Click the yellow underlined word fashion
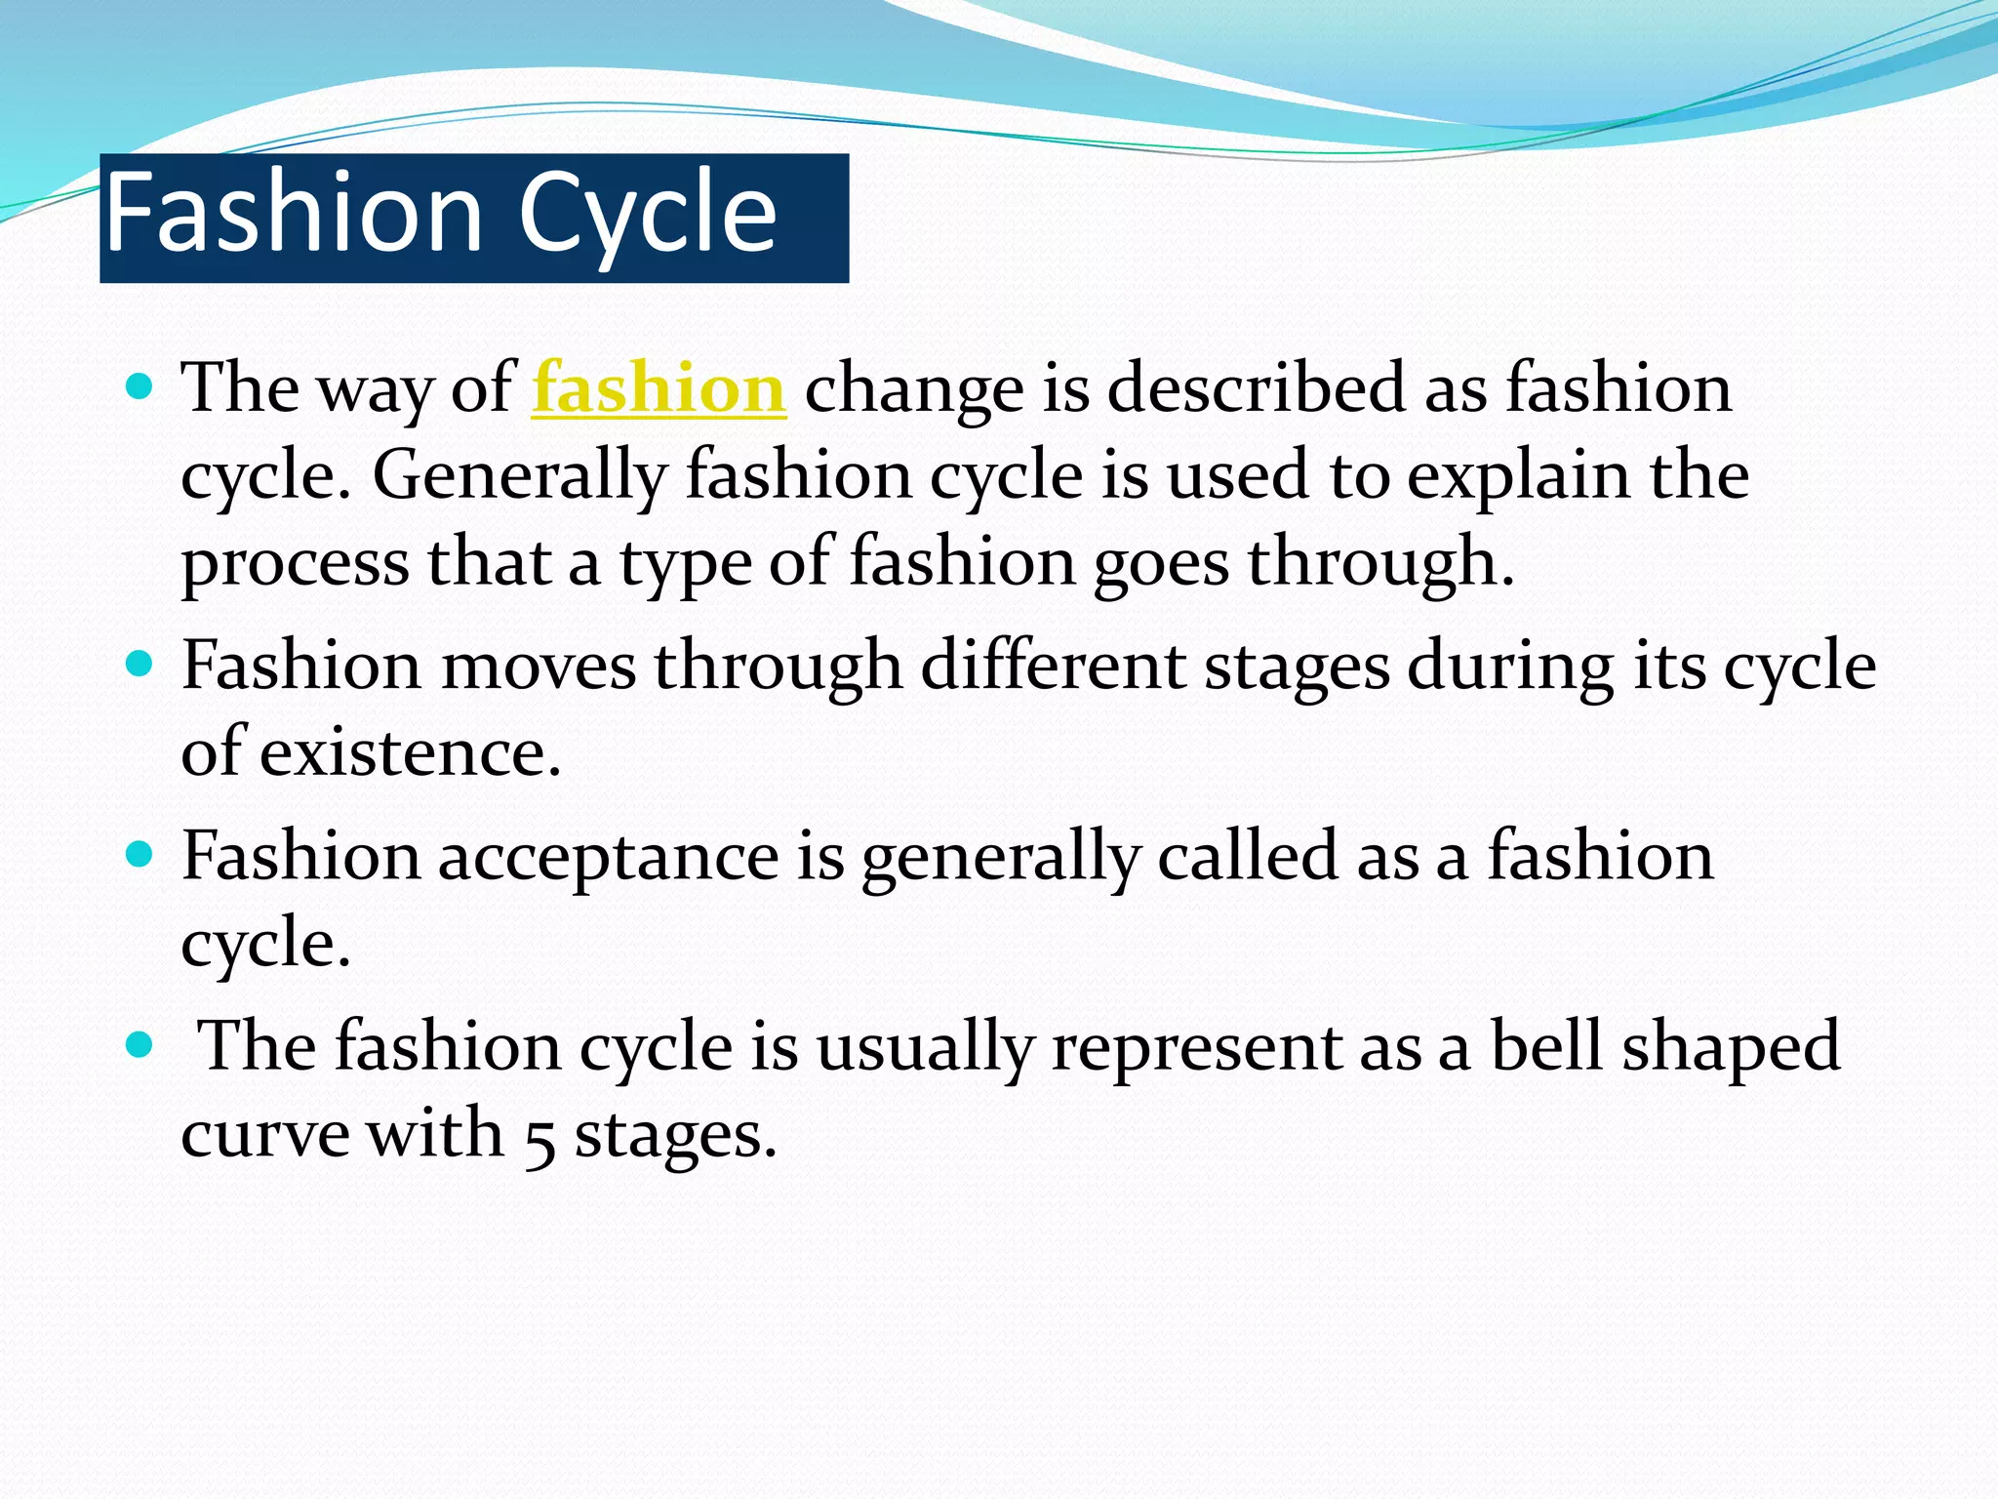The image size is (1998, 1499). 659,388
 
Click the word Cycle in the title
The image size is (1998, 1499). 647,213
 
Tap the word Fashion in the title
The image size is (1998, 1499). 294,213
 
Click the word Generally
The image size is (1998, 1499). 519,476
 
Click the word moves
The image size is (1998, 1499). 539,667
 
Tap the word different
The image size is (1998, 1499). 1053,667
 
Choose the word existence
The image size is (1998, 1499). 410,753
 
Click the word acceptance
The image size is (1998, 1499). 608,857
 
